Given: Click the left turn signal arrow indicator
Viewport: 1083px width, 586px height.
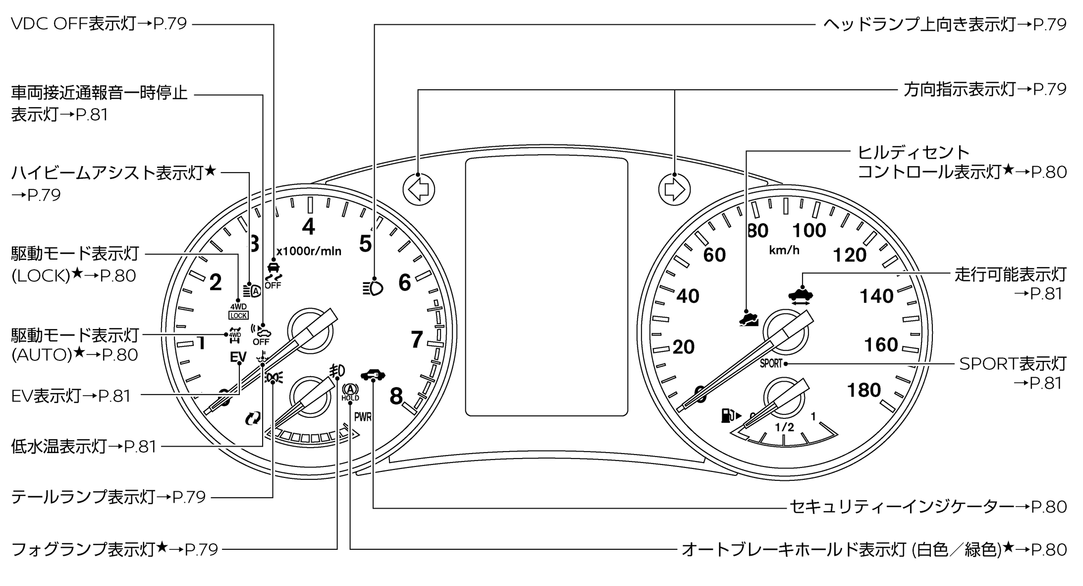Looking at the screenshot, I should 419,189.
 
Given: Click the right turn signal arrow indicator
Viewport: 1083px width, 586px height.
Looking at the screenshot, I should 674,189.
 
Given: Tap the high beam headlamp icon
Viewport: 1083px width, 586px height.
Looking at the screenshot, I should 373,288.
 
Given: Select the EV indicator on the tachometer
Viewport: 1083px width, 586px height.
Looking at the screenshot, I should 238,357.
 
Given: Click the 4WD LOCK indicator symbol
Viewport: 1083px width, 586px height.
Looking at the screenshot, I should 238,311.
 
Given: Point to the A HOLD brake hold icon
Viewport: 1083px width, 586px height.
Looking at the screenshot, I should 350,393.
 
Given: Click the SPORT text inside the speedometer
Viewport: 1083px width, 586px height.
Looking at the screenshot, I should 771,363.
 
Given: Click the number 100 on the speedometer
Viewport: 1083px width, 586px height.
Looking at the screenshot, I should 809,231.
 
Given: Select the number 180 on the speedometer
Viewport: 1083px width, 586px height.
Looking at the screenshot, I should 864,391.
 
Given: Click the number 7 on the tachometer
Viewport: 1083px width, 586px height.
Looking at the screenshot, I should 417,340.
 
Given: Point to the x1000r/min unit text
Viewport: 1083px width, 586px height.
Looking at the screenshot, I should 309,251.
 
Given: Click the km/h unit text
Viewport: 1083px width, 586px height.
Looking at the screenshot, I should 784,250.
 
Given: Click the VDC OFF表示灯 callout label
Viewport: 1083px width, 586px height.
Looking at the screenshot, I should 99,24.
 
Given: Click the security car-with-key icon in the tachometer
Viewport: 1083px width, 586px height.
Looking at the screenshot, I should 373,375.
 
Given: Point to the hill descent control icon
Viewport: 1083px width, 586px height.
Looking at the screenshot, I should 749,318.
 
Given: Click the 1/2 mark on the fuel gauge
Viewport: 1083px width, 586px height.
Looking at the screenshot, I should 784,427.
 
